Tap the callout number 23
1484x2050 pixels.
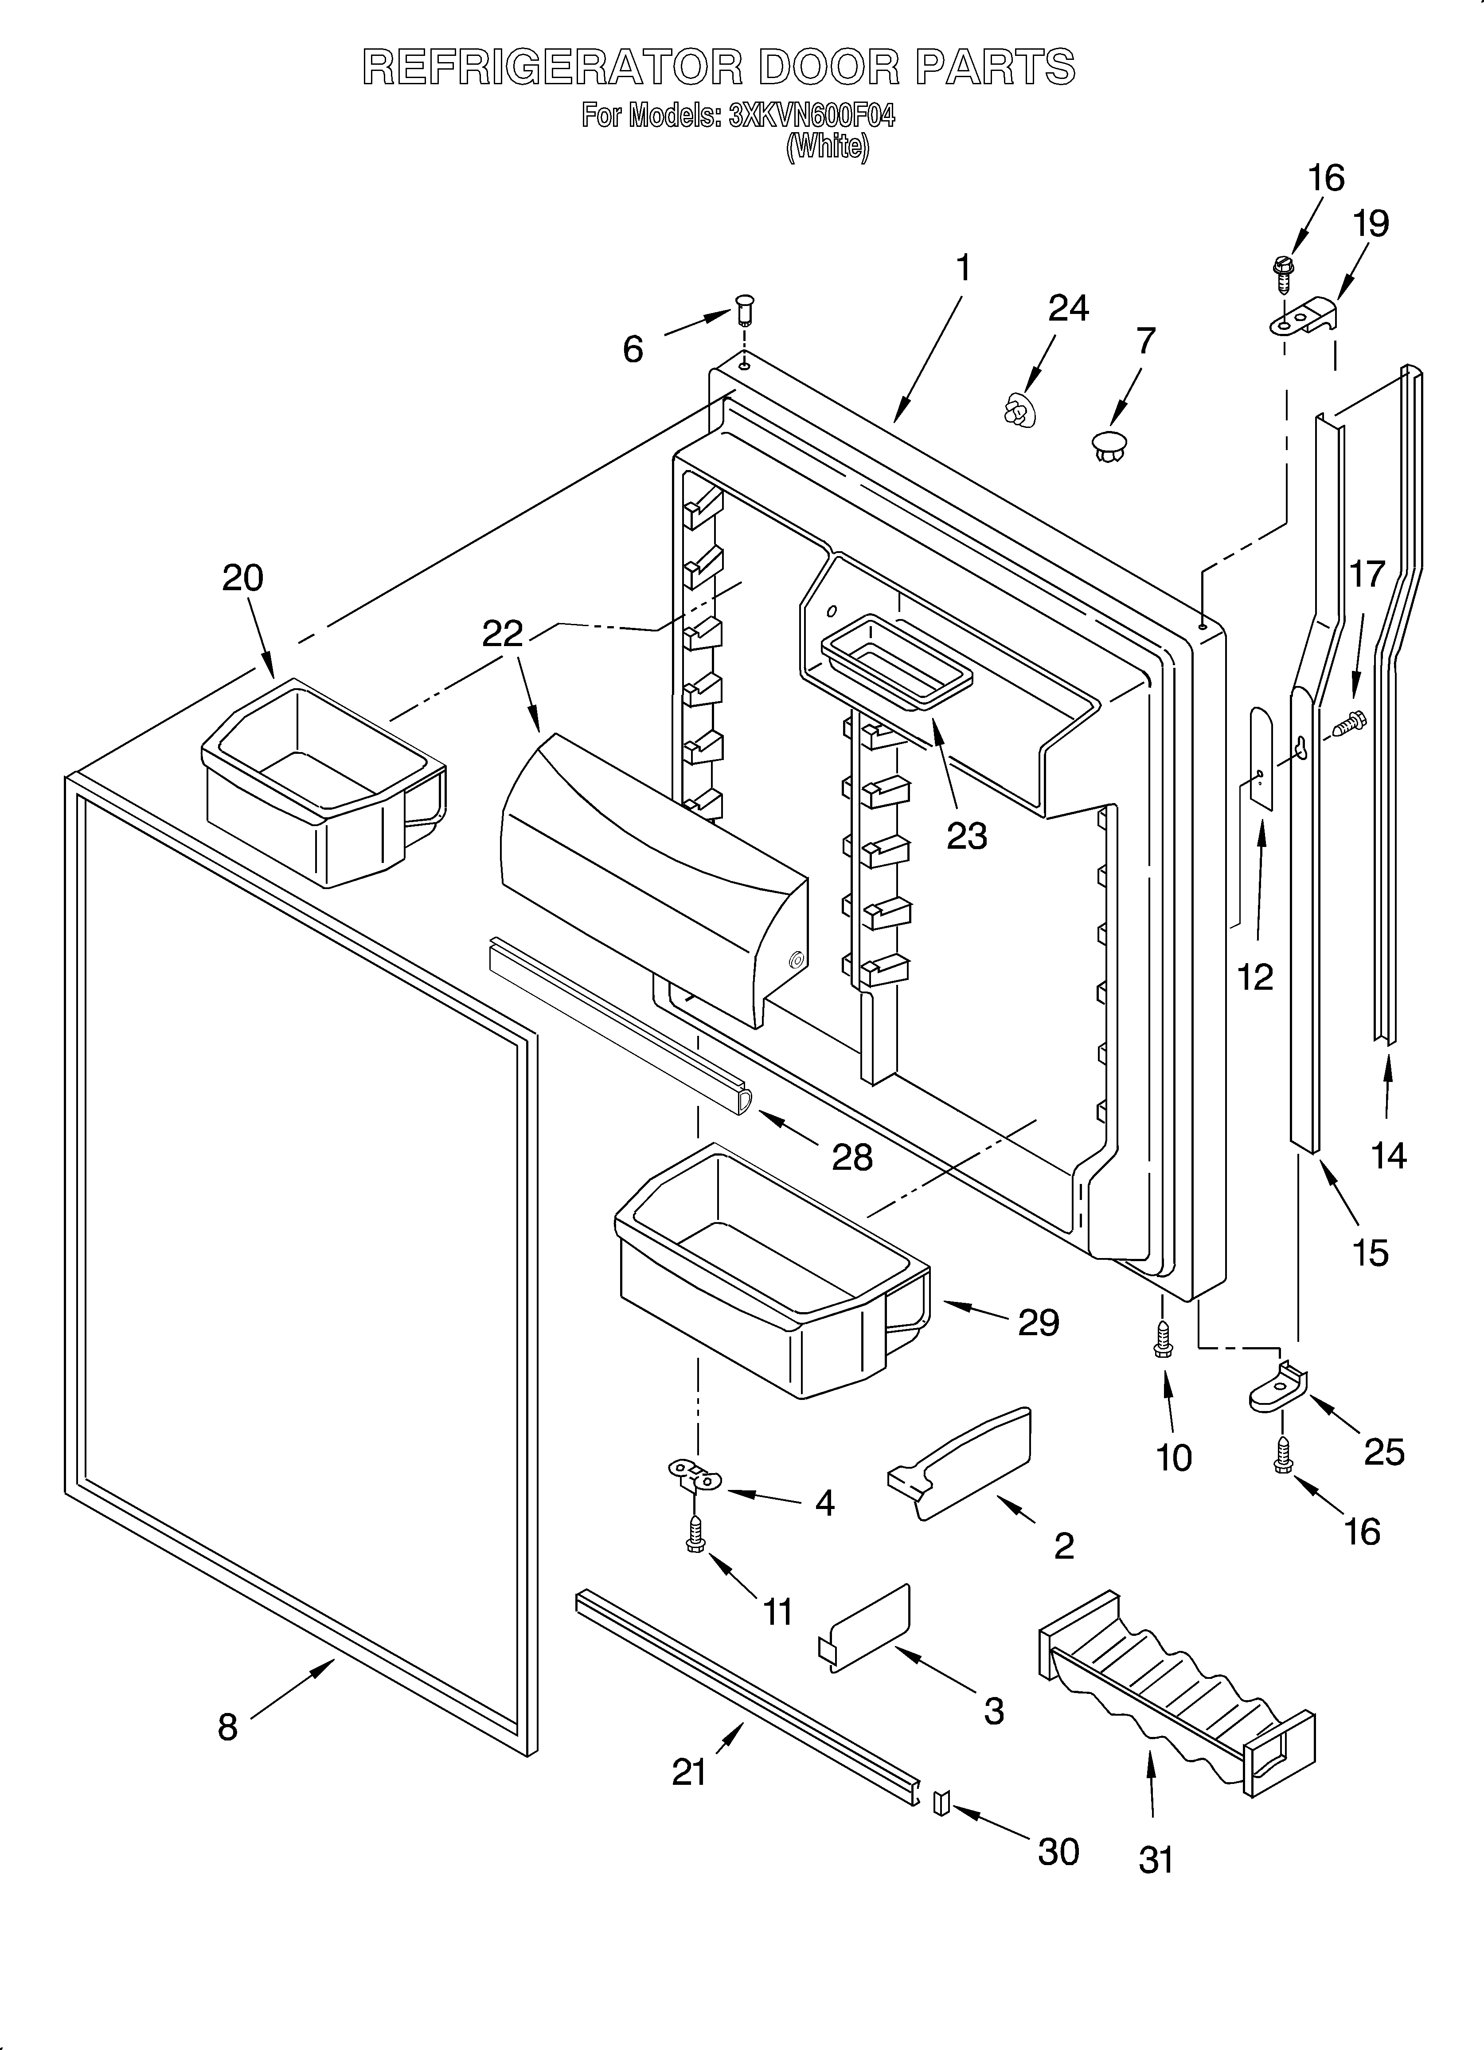966,836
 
